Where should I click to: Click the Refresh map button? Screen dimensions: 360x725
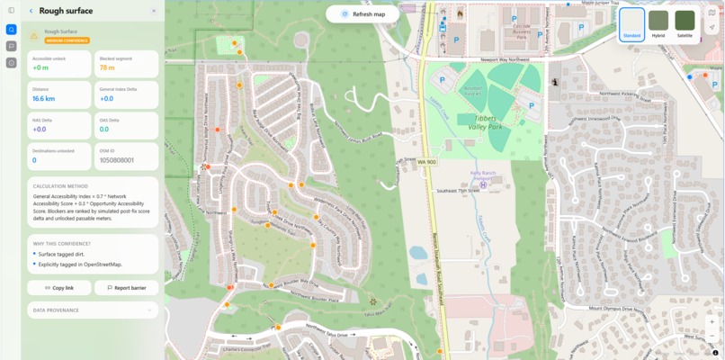tap(362, 14)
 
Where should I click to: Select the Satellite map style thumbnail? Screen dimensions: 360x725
tap(685, 24)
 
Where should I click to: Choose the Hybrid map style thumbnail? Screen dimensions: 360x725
tap(658, 24)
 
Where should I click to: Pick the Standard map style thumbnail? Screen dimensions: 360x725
tap(631, 24)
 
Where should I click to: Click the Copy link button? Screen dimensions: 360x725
tap(58, 288)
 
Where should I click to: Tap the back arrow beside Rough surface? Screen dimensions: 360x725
tap(31, 12)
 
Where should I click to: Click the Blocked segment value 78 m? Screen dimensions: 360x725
tap(107, 67)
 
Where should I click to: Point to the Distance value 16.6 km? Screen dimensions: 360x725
tap(44, 98)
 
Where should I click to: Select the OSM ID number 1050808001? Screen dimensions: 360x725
tap(116, 160)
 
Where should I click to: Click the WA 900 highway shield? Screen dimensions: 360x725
tap(425, 162)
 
